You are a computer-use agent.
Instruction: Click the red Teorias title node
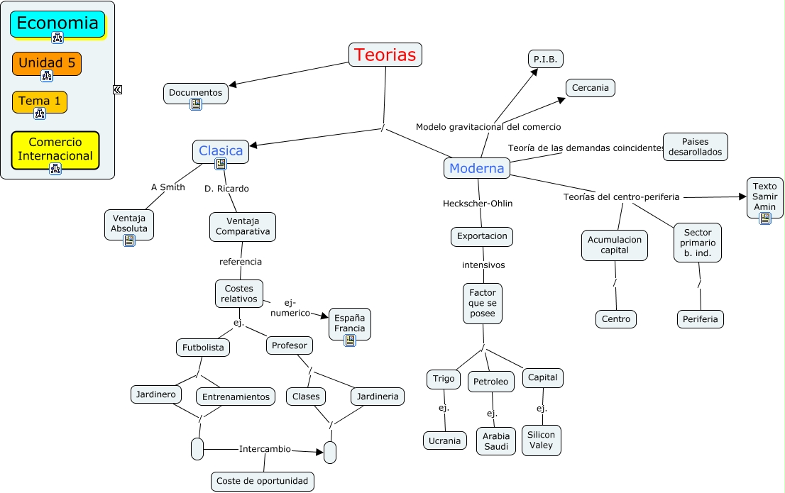[x=385, y=55]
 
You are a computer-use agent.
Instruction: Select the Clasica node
[x=221, y=150]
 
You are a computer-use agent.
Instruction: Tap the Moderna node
[x=477, y=168]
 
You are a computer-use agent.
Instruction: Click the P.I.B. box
[x=545, y=59]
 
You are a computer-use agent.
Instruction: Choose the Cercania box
[x=591, y=88]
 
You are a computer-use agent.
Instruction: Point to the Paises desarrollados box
[x=695, y=146]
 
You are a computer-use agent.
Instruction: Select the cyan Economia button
[x=57, y=23]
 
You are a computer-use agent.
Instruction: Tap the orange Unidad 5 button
[x=47, y=62]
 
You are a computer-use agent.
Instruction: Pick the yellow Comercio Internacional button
[x=55, y=149]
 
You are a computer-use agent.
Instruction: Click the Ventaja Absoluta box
[x=129, y=222]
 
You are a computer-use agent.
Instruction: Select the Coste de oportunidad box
[x=263, y=481]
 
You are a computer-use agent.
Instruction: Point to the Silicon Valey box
[x=542, y=440]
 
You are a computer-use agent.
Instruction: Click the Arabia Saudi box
[x=496, y=441]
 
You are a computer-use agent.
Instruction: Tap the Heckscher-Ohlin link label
[x=478, y=204]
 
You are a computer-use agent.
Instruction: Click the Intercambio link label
[x=265, y=448]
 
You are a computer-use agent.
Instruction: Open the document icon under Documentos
[x=196, y=104]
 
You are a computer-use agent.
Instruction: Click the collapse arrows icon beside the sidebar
[x=117, y=89]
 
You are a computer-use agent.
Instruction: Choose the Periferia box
[x=701, y=319]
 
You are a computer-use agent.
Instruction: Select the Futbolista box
[x=203, y=348]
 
